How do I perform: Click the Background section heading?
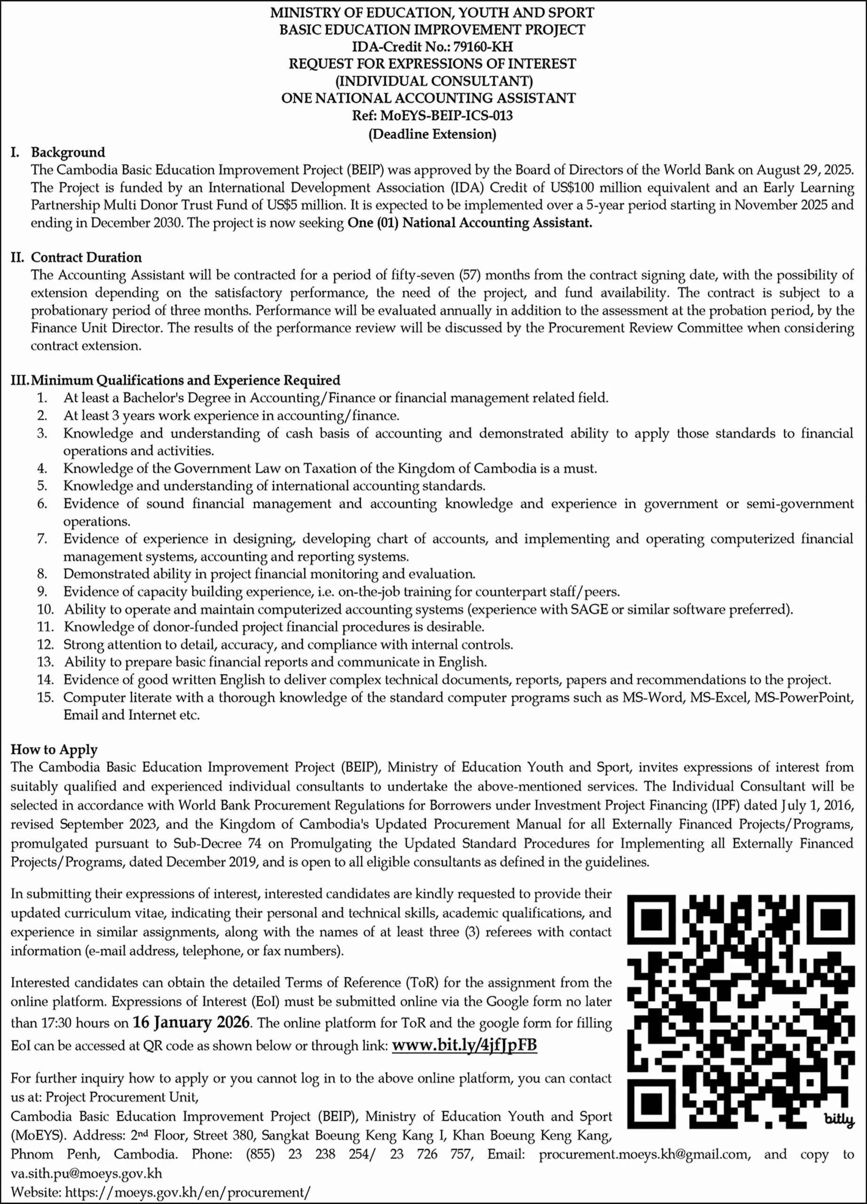click(68, 152)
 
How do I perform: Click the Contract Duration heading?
click(86, 257)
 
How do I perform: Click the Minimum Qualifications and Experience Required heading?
click(185, 380)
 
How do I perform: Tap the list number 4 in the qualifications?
click(42, 468)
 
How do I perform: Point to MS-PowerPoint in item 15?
click(814, 697)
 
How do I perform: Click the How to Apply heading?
click(54, 750)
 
